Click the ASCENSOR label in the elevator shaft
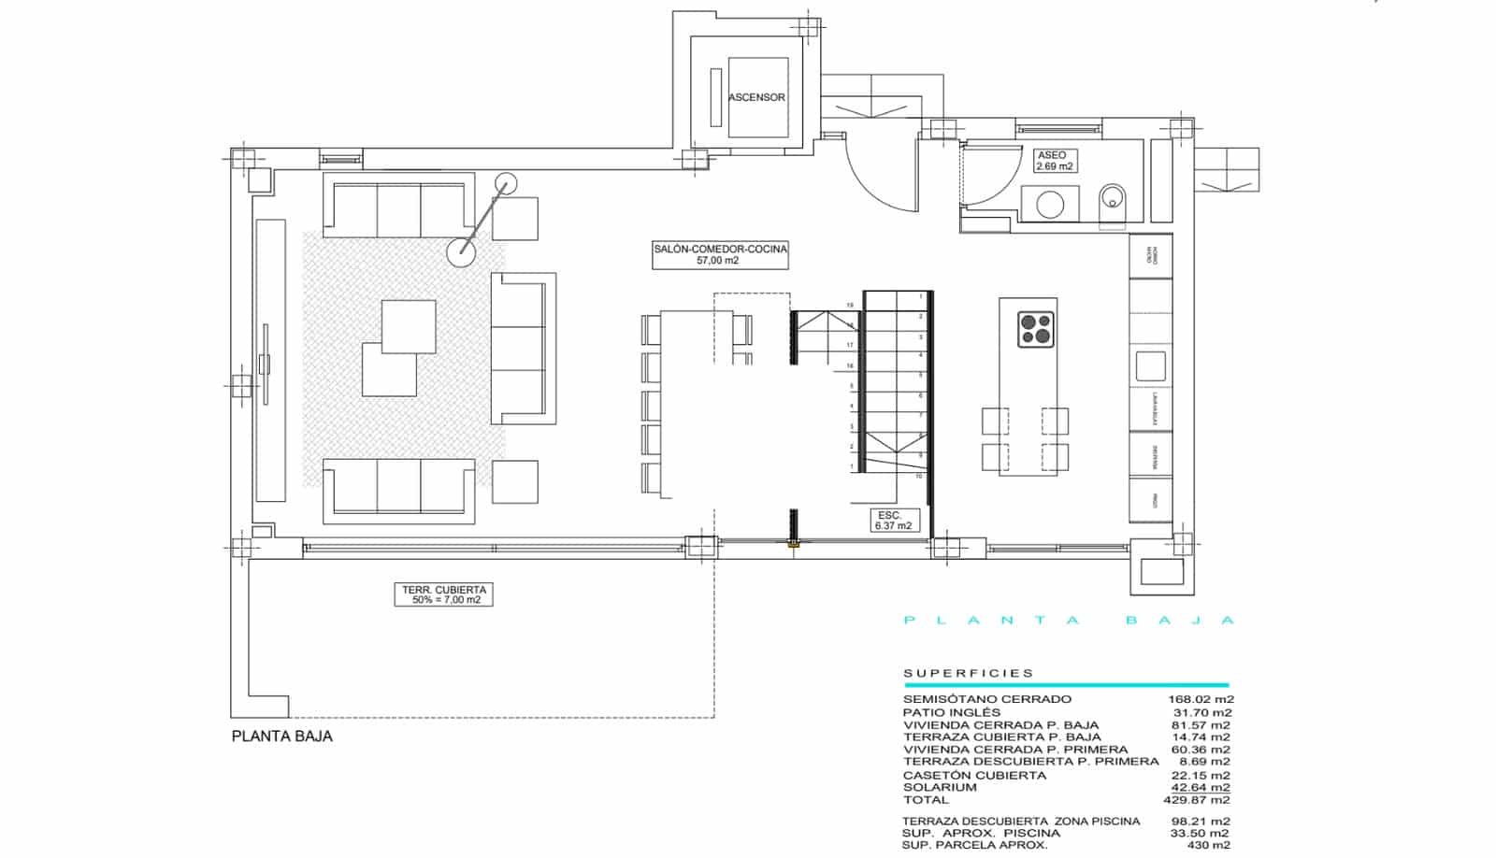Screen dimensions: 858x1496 [756, 97]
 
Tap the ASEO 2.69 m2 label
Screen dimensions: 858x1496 [1054, 161]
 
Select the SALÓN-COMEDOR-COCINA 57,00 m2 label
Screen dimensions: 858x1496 [720, 254]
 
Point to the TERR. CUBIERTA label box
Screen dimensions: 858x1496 [445, 594]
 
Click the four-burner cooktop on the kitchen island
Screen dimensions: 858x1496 [1035, 329]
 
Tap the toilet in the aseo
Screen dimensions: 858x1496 [1113, 200]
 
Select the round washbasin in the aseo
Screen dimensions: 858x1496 [1050, 205]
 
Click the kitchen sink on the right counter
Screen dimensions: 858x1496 [1150, 365]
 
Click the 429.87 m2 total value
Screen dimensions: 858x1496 [1200, 800]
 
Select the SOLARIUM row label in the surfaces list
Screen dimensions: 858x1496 [940, 787]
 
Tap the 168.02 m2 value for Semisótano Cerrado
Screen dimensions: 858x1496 [1200, 699]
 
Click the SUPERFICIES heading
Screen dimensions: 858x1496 [968, 673]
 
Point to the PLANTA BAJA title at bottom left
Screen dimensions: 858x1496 [281, 736]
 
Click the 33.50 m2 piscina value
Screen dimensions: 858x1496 [1200, 833]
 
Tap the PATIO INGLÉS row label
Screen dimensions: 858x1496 [951, 712]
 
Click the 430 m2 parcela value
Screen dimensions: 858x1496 [1208, 845]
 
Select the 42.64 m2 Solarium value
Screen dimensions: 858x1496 [1200, 787]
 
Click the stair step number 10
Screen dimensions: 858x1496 [920, 477]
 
